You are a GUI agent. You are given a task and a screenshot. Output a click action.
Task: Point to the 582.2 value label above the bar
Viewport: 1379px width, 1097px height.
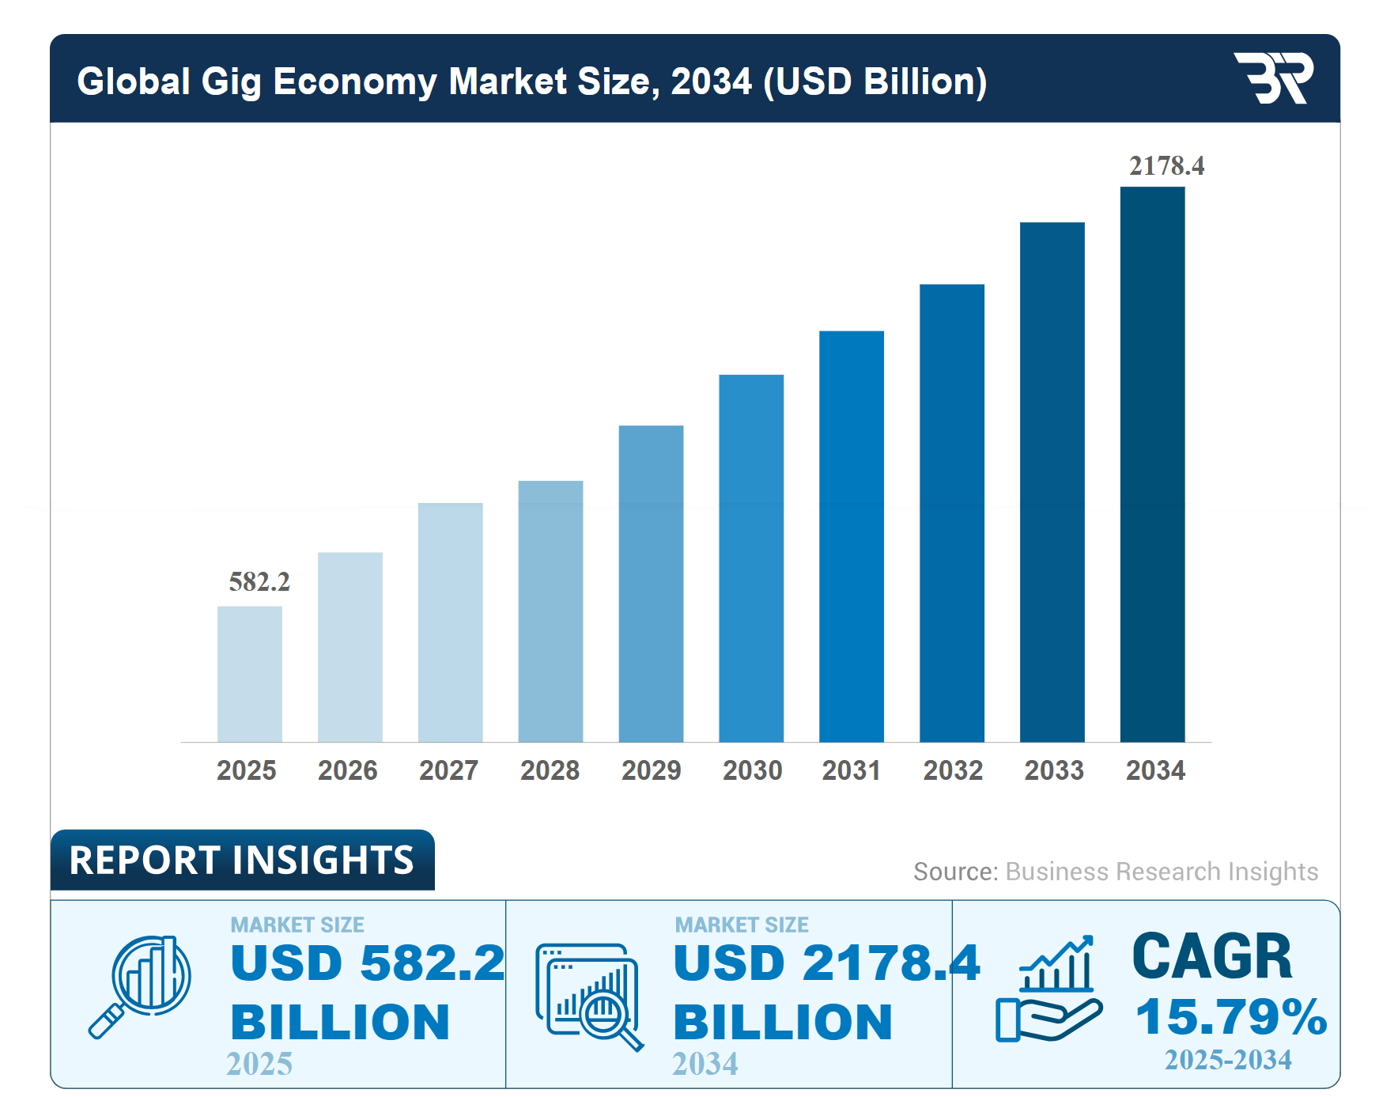tap(259, 582)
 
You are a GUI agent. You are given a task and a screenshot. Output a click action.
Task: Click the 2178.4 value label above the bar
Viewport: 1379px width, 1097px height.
tap(1166, 166)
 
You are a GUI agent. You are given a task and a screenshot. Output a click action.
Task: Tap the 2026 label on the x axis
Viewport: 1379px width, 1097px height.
tap(347, 770)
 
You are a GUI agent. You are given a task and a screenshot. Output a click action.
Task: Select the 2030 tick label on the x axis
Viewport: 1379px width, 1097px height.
tap(752, 770)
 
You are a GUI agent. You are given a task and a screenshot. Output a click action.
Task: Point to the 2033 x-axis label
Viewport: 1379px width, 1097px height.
tap(1054, 770)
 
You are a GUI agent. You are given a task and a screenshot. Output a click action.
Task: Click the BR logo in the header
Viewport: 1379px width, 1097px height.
tap(1273, 78)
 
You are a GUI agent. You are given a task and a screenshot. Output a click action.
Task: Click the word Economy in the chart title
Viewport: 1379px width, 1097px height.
tap(354, 81)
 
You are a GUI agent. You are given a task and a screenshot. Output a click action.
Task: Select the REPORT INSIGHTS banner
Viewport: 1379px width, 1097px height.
tap(241, 861)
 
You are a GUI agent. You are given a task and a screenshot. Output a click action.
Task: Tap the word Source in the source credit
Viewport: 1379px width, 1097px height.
tap(954, 872)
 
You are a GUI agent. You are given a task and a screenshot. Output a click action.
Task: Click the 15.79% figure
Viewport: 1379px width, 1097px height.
tap(1230, 1016)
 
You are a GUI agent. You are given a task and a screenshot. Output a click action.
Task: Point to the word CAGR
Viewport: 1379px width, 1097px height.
tap(1211, 956)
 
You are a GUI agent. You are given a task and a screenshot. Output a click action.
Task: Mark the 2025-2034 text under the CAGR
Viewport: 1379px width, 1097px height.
tap(1228, 1060)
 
